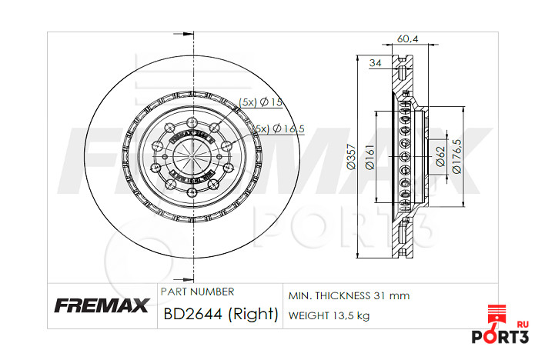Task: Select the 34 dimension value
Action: point(376,63)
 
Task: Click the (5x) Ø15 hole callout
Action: point(262,102)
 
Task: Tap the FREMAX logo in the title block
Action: point(101,306)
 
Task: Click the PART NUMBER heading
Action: point(197,292)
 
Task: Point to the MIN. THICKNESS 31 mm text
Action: point(349,295)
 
